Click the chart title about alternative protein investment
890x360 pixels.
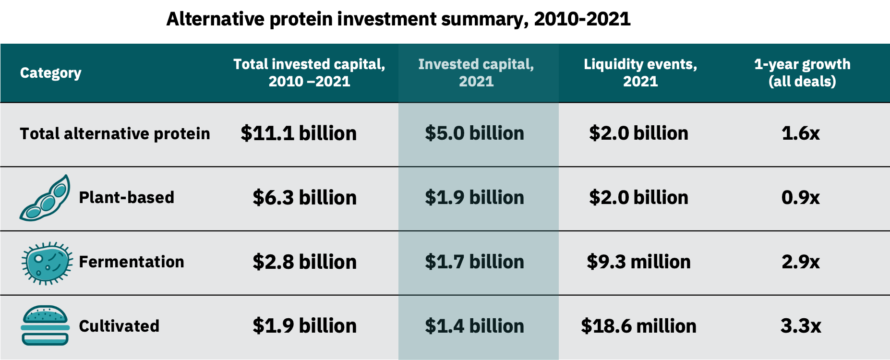coord(398,19)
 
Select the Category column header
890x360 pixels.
coord(50,73)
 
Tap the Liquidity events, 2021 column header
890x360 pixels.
coord(640,72)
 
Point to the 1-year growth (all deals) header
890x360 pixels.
coord(802,72)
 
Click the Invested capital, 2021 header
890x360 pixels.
coord(476,72)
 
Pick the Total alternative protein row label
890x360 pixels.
coord(115,133)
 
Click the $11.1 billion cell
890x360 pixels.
coord(299,133)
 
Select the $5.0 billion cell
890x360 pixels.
coord(474,133)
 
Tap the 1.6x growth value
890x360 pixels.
coord(800,133)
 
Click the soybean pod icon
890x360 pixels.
coord(46,198)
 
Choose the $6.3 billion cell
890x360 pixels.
coord(304,198)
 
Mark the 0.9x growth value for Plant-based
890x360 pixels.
coord(800,198)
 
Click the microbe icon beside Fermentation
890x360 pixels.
coord(47,263)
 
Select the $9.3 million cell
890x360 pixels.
coord(638,262)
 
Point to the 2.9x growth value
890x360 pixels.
coord(800,262)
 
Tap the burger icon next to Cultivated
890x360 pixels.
coord(45,325)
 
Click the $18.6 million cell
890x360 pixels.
coord(638,326)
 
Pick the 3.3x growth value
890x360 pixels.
coord(800,326)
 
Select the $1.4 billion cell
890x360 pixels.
coord(474,326)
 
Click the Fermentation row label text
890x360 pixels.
coord(131,262)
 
